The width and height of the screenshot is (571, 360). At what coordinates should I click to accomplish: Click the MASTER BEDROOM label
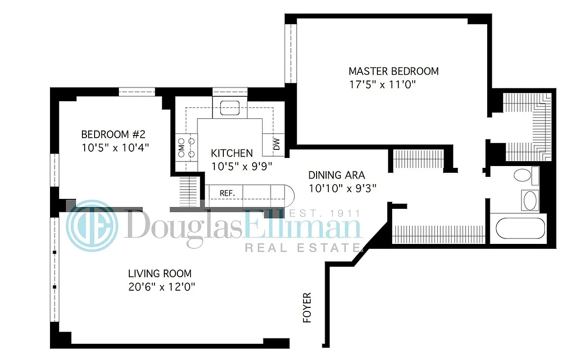pyautogui.click(x=394, y=71)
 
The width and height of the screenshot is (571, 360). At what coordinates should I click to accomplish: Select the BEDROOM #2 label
pyautogui.click(x=113, y=134)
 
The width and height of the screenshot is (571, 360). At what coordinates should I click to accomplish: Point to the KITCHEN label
pyautogui.click(x=232, y=153)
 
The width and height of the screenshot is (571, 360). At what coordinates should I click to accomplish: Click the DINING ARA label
pyautogui.click(x=336, y=175)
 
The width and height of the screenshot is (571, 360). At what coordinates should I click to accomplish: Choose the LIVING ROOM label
pyautogui.click(x=159, y=273)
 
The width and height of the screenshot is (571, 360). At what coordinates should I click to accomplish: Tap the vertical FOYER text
pyautogui.click(x=307, y=308)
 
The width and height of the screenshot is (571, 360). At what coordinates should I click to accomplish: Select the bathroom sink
pyautogui.click(x=530, y=200)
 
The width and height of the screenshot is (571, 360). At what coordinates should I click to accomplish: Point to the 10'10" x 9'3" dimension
pyautogui.click(x=342, y=189)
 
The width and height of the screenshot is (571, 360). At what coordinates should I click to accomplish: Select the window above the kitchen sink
pyautogui.click(x=230, y=91)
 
